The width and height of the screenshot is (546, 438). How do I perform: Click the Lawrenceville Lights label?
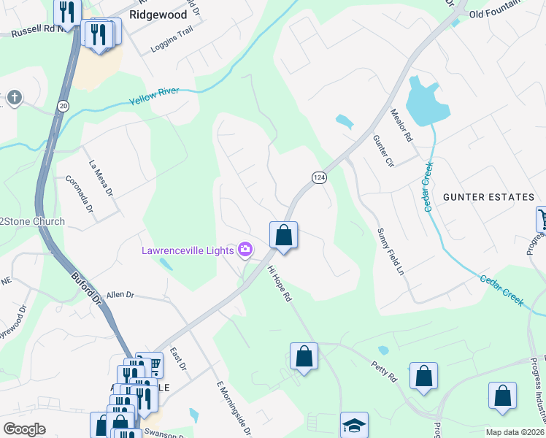(x=188, y=250)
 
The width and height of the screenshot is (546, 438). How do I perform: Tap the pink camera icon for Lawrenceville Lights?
(x=245, y=250)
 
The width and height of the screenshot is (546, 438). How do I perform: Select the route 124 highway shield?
(x=318, y=177)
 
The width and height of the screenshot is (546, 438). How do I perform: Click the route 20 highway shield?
(x=64, y=106)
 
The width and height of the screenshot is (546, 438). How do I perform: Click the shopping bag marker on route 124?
(x=284, y=236)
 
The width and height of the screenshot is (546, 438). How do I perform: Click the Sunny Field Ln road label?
(x=390, y=251)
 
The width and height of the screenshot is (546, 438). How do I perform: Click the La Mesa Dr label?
(x=101, y=178)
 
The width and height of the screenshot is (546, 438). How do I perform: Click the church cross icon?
(x=14, y=97)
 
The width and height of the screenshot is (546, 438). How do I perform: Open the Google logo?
(x=24, y=429)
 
